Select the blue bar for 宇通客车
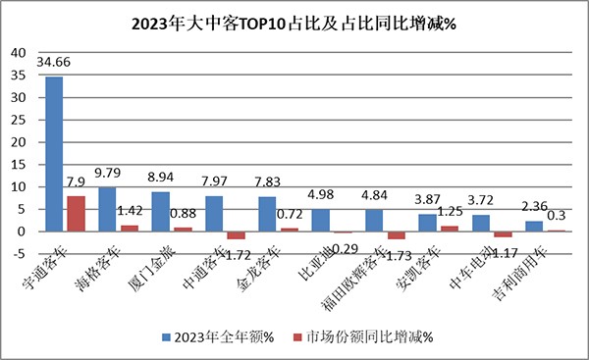point(54,154)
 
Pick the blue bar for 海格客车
point(107,209)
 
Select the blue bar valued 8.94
point(160,211)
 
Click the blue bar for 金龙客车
point(267,214)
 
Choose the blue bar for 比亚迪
point(320,220)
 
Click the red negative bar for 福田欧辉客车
point(396,235)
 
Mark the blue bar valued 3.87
point(427,223)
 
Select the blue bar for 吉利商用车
point(533,226)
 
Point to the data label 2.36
point(534,207)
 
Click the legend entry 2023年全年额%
point(221,336)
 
